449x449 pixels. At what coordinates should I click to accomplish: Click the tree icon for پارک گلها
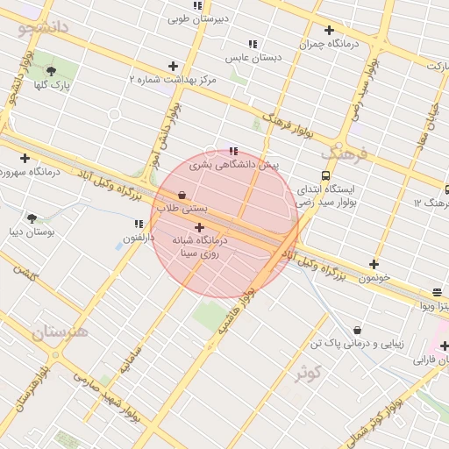tap(51, 71)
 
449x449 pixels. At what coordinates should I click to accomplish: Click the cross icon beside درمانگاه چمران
tap(329, 30)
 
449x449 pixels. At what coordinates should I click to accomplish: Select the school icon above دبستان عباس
tap(253, 44)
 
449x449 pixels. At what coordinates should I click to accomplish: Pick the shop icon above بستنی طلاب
tap(182, 195)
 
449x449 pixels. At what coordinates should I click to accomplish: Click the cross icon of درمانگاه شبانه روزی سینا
tap(199, 227)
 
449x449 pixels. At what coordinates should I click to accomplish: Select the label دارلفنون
tap(138, 238)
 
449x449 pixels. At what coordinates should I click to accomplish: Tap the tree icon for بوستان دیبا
tap(32, 218)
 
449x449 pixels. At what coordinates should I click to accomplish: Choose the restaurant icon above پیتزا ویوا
tap(437, 293)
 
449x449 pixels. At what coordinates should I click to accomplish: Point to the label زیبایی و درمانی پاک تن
tap(357, 344)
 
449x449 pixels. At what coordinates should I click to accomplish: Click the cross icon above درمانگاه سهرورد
tap(25, 158)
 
